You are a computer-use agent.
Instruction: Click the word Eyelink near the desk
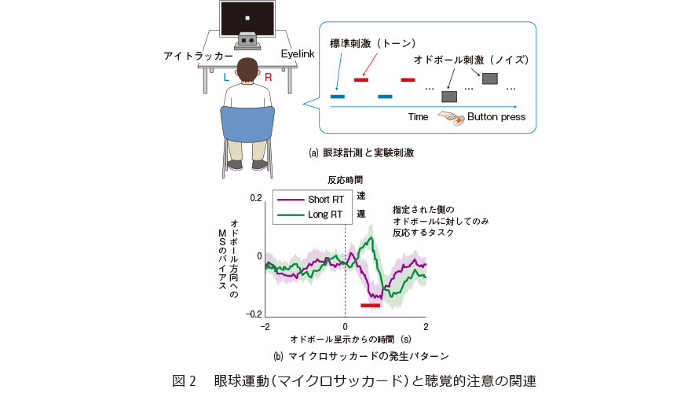298,54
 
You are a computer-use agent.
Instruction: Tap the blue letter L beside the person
226,78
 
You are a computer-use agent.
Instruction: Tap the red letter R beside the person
269,78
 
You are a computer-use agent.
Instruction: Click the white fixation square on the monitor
247,18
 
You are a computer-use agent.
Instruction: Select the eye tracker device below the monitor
247,41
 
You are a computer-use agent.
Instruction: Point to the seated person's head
247,71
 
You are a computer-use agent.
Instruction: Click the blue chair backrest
247,123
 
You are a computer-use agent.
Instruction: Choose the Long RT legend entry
309,215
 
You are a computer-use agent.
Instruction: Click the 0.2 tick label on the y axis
256,198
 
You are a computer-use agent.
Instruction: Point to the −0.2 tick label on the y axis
254,314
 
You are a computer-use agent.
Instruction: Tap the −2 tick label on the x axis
265,327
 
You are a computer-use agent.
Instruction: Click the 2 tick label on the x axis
426,327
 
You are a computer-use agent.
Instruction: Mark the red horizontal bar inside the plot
371,306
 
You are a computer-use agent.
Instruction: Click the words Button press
496,117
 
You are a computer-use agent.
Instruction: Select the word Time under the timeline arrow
418,117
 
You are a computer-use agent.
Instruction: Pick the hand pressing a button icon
451,118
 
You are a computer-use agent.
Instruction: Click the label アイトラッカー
198,56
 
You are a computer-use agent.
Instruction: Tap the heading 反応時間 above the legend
345,180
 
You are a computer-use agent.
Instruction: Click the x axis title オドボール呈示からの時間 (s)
350,340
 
